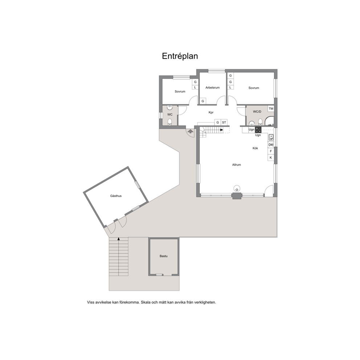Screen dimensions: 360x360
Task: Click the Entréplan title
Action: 180,56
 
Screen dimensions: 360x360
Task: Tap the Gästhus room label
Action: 116,196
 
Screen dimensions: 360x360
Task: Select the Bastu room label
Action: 163,256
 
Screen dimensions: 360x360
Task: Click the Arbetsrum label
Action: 212,87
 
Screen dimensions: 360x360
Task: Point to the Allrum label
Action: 237,165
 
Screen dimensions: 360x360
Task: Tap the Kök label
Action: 255,148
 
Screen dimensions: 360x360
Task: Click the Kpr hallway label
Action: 211,112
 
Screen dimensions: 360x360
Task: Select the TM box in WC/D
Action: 271,109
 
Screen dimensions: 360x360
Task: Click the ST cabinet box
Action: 224,122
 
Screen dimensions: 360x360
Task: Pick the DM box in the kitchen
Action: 271,145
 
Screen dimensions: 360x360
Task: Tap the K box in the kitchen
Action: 271,157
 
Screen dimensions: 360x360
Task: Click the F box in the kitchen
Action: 271,151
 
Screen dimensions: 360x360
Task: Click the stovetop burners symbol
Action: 258,130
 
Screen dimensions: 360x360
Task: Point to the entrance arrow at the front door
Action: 190,131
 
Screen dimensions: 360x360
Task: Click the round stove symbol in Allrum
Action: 237,188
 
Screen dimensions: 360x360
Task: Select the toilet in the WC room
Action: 170,122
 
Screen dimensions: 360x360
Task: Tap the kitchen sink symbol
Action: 271,137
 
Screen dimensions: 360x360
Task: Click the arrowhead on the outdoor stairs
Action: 119,239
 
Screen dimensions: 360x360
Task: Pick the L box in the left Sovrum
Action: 195,87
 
